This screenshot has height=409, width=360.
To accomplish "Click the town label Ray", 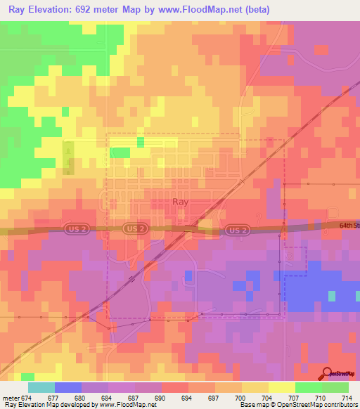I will pos(180,202).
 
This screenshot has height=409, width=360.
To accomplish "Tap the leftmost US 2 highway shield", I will pos(79,229).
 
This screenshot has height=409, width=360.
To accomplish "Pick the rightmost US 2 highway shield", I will pos(238,230).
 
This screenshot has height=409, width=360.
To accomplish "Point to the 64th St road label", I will pos(349,226).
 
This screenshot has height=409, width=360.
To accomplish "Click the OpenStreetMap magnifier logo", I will pos(327,374).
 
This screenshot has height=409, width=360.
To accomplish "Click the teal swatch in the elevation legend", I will pos(41,387).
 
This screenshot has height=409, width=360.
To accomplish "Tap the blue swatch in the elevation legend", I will pos(67,387).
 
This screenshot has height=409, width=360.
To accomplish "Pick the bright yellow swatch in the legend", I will pos(281,387).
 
